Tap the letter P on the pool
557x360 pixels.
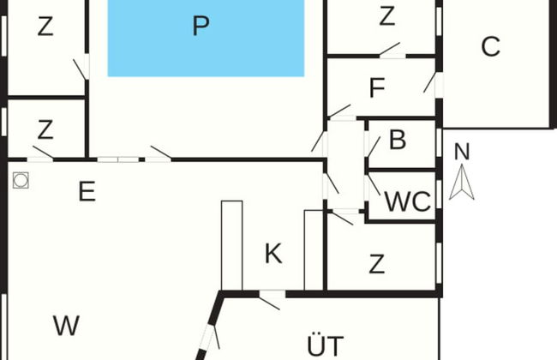pos(201,27)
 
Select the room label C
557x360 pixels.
pos(490,47)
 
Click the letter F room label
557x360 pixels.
pos(376,88)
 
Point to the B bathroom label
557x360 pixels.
pos(397,141)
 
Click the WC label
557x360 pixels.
pos(407,201)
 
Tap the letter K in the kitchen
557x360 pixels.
pos(273,254)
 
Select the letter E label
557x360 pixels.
pos(87,191)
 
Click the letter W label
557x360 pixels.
pos(66,326)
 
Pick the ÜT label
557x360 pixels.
pos(325,345)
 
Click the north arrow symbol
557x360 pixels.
pos(462,182)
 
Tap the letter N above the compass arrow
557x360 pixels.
pos(462,152)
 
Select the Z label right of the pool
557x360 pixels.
pos(386,15)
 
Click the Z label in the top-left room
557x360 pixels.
pos(45,27)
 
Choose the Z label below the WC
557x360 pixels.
pos(376,265)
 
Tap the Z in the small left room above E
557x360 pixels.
pos(45,130)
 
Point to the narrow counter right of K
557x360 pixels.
pos(313,249)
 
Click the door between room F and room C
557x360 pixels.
pos(434,83)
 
